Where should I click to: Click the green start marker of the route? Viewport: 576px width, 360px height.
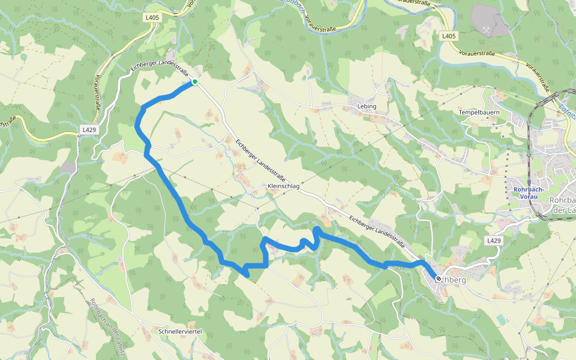coord(195,82)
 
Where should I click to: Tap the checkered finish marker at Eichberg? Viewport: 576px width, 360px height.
coord(439,279)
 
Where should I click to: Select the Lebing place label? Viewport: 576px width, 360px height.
coord(367,106)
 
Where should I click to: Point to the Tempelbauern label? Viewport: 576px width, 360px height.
coord(479,112)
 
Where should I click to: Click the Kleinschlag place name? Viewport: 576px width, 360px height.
coord(283,187)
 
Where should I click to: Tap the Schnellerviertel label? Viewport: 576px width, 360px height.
coord(179,331)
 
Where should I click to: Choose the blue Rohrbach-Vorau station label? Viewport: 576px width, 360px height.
coord(529,193)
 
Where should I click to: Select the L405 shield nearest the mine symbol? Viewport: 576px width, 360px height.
coord(449,36)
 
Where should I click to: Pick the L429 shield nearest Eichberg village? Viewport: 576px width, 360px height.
coord(493,241)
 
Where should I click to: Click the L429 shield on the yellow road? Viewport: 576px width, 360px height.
coord(89,129)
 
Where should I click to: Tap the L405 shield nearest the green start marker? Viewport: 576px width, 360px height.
coord(152,18)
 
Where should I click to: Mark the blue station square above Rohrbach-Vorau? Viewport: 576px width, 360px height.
coord(529,181)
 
